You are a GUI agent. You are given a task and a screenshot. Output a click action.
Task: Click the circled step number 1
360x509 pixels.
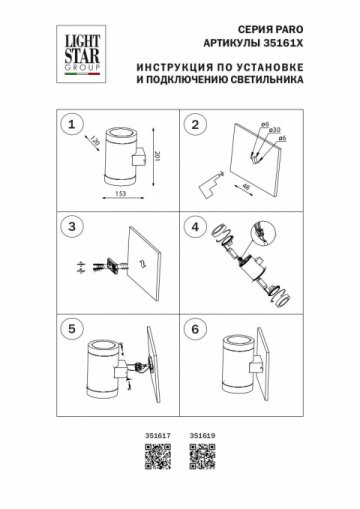[71, 126]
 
